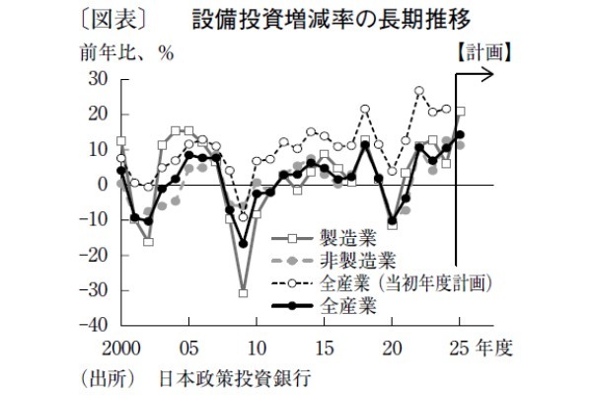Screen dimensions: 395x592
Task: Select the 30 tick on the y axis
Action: (x=98, y=79)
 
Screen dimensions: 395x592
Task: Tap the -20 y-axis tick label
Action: (x=95, y=255)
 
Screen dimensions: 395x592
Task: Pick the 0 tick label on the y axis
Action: (x=103, y=185)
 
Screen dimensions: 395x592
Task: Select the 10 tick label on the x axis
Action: (x=256, y=348)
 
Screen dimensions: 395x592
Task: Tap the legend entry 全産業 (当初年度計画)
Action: (x=405, y=282)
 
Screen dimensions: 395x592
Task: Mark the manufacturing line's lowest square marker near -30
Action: (x=243, y=292)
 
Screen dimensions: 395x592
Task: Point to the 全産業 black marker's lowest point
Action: (x=243, y=243)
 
